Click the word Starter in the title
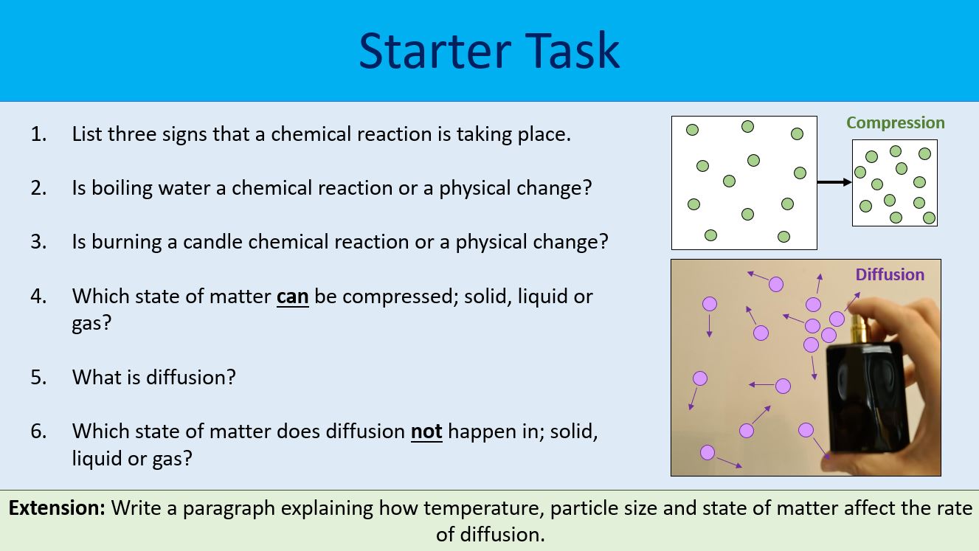point(435,51)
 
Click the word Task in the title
point(572,50)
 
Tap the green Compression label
point(896,123)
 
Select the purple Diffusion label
point(890,275)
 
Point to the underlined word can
point(292,297)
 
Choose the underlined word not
point(426,432)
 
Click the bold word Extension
point(57,508)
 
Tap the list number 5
point(38,378)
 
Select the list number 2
point(38,188)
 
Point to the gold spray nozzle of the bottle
point(858,325)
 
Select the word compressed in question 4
point(399,297)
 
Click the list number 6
point(38,432)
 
